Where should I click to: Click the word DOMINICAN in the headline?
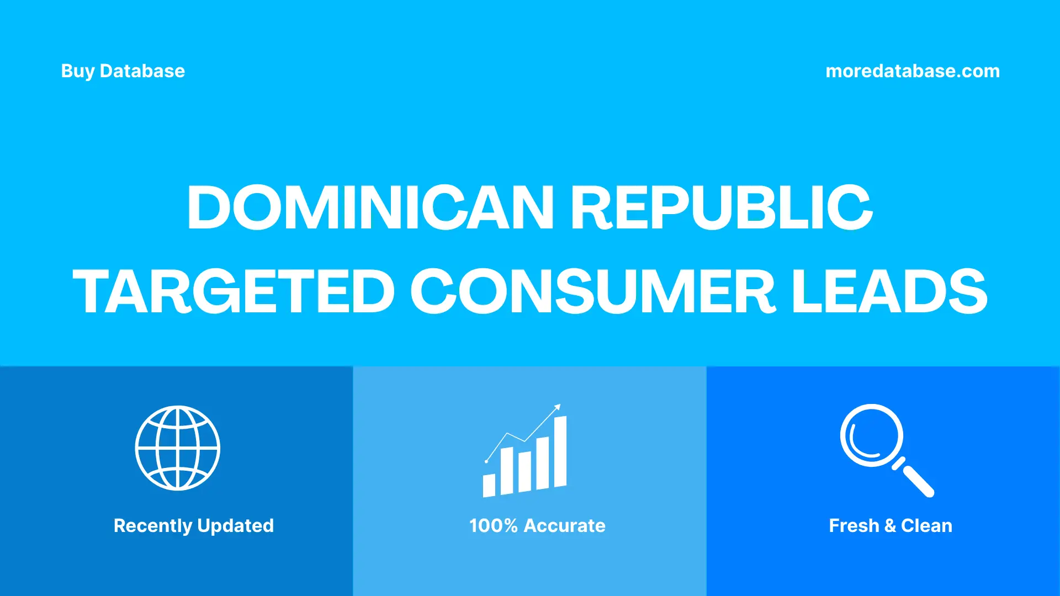coord(370,207)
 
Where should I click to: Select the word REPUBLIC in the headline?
coord(722,207)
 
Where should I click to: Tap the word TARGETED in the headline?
coord(234,292)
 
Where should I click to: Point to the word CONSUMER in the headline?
coord(592,292)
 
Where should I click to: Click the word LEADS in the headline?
coord(889,292)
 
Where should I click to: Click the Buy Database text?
coord(123,71)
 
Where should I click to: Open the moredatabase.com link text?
coord(912,71)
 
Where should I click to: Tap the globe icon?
coord(178,448)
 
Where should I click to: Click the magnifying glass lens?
coord(872,435)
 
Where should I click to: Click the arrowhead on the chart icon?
coord(558,407)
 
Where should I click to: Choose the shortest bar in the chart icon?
coord(489,485)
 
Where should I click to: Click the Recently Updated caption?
coord(193,526)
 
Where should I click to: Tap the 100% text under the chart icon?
coord(493,526)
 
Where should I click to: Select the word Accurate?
coord(564,526)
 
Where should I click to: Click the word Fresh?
coord(854,526)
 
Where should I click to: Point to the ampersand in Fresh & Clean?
coord(890,526)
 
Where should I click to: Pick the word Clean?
coord(926,526)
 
